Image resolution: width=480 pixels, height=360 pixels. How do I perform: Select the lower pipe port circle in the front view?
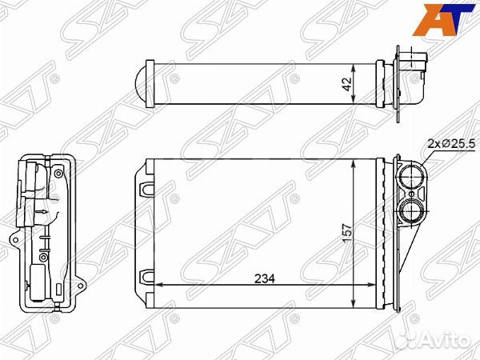(411, 210)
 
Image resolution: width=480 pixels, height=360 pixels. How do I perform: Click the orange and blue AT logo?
(443, 19)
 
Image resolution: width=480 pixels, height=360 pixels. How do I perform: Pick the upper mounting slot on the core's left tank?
(146, 189)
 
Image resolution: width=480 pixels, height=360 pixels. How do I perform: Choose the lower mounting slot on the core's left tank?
(146, 277)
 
